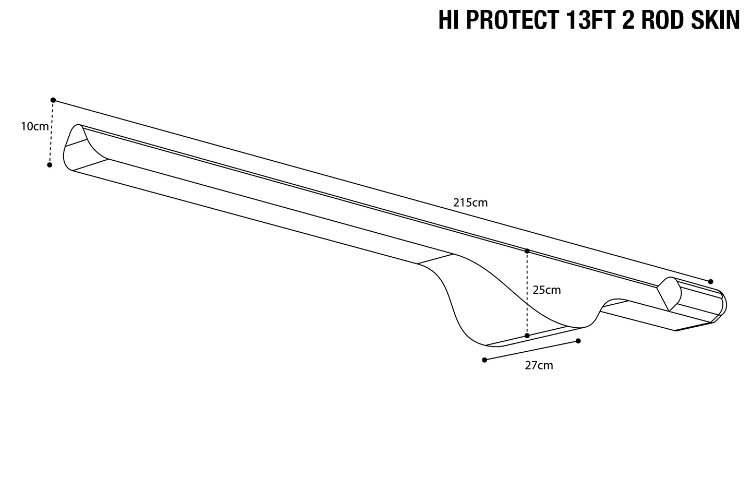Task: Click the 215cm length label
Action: click(470, 202)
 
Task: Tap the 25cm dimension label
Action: click(546, 290)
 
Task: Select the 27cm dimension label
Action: click(539, 365)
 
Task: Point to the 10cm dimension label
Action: click(34, 126)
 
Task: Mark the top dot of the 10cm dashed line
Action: click(53, 100)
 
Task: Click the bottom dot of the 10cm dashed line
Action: click(50, 165)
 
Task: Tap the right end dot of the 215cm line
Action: click(710, 282)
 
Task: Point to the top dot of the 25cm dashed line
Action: click(527, 251)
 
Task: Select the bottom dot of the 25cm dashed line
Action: click(527, 336)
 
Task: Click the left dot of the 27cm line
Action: click(484, 360)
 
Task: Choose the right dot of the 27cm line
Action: click(578, 341)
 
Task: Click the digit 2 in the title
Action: click(626, 20)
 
